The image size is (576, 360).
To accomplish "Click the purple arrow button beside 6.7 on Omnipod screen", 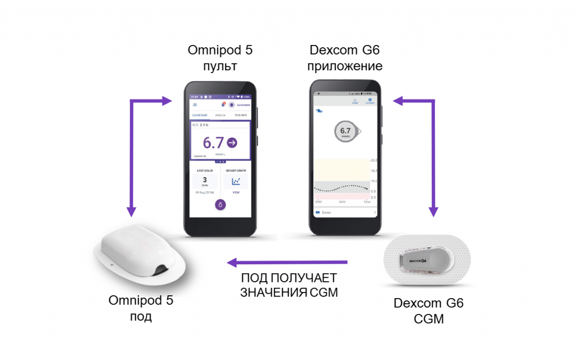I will [232, 143].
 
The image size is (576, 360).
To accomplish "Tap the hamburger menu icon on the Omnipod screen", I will [195, 105].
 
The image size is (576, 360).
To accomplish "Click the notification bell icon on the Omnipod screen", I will [223, 105].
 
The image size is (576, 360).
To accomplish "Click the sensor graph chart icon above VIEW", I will [236, 181].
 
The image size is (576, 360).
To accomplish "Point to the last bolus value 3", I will [205, 180].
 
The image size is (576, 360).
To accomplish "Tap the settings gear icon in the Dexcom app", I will [370, 101].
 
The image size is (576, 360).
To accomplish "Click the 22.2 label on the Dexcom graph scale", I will [373, 160].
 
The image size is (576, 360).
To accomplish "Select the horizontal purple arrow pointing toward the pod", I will [287, 262].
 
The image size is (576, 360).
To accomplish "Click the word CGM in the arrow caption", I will [324, 292].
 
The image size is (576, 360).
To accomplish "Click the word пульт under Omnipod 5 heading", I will [220, 66].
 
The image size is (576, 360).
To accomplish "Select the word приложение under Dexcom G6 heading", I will [346, 66].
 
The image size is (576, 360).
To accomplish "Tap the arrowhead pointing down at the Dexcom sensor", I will [434, 212].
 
